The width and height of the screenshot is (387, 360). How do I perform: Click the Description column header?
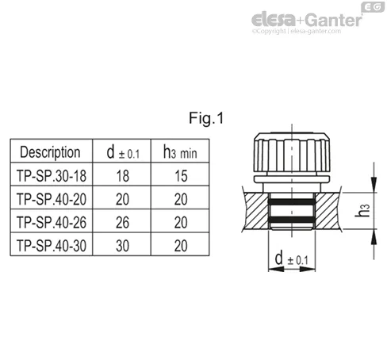pos(50,152)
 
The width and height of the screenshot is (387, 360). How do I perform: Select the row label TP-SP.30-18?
pos(52,176)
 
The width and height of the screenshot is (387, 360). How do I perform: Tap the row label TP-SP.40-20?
pos(52,199)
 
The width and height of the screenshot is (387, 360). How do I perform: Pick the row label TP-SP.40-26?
pos(52,222)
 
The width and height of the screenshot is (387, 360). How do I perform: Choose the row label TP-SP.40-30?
pos(52,246)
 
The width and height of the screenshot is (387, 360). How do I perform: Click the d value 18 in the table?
pos(123,176)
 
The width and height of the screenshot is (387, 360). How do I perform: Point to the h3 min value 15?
pos(181,176)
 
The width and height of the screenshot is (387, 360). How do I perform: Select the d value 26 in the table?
pos(122,223)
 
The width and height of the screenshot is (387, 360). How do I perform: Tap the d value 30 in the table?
pos(122,246)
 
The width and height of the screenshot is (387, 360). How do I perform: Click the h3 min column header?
pos(180,152)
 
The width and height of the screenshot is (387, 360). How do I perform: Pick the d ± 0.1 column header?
pos(123,152)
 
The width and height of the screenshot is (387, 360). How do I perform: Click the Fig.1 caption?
pos(206,118)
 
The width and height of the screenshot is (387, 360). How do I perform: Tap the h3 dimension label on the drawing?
pos(362,210)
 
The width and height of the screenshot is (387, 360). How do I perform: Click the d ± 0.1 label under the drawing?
pos(291,259)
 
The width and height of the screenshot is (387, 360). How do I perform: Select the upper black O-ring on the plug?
pos(292,202)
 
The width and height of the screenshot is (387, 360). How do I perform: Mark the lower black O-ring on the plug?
pos(292,220)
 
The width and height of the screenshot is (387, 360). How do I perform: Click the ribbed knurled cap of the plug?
pos(292,152)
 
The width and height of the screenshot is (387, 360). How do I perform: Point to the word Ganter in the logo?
pos(333,20)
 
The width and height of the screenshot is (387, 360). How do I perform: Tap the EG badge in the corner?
pos(373,7)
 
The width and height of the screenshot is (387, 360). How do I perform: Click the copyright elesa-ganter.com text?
pos(297,31)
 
